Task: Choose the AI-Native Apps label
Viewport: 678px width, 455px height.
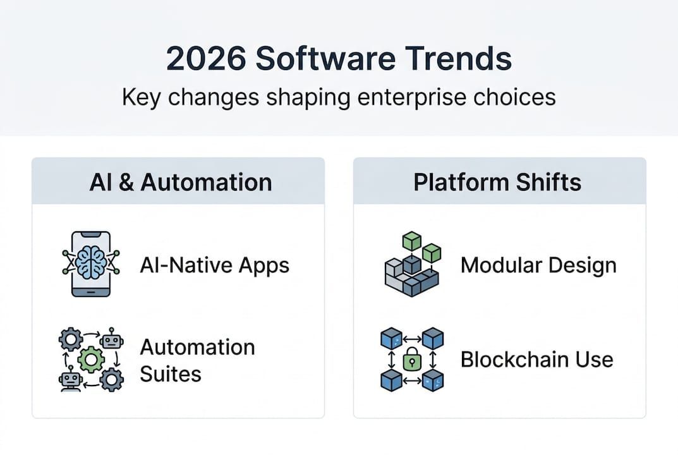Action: pyautogui.click(x=214, y=265)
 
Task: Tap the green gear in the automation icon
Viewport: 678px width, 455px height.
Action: pyautogui.click(x=91, y=360)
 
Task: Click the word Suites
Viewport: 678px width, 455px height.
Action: pyautogui.click(x=170, y=373)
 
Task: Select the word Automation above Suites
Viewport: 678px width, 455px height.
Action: pyautogui.click(x=197, y=347)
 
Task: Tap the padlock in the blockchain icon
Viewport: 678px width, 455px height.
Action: pyautogui.click(x=412, y=360)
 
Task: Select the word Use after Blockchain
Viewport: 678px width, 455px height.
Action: pyautogui.click(x=595, y=360)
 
